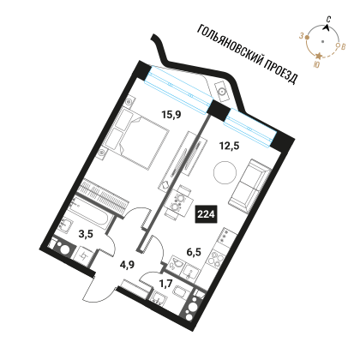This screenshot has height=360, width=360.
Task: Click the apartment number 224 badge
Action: point(206,214)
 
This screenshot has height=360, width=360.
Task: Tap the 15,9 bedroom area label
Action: point(171,115)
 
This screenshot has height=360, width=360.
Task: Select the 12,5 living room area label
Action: point(229,146)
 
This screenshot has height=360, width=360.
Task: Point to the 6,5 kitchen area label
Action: point(194,252)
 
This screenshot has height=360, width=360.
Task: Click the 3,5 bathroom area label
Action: point(86,234)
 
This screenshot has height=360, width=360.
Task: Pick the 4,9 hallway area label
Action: point(127,264)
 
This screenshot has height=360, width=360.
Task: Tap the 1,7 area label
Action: point(165,284)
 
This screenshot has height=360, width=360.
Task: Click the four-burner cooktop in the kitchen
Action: point(216,258)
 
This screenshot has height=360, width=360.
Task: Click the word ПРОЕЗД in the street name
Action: point(280,70)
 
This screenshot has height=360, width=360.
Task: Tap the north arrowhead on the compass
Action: point(327,27)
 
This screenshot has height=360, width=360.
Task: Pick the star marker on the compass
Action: point(319,56)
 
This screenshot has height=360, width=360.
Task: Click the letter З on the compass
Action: point(301,36)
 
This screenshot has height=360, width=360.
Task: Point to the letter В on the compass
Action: point(344,46)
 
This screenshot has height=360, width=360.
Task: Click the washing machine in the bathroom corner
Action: point(63,248)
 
